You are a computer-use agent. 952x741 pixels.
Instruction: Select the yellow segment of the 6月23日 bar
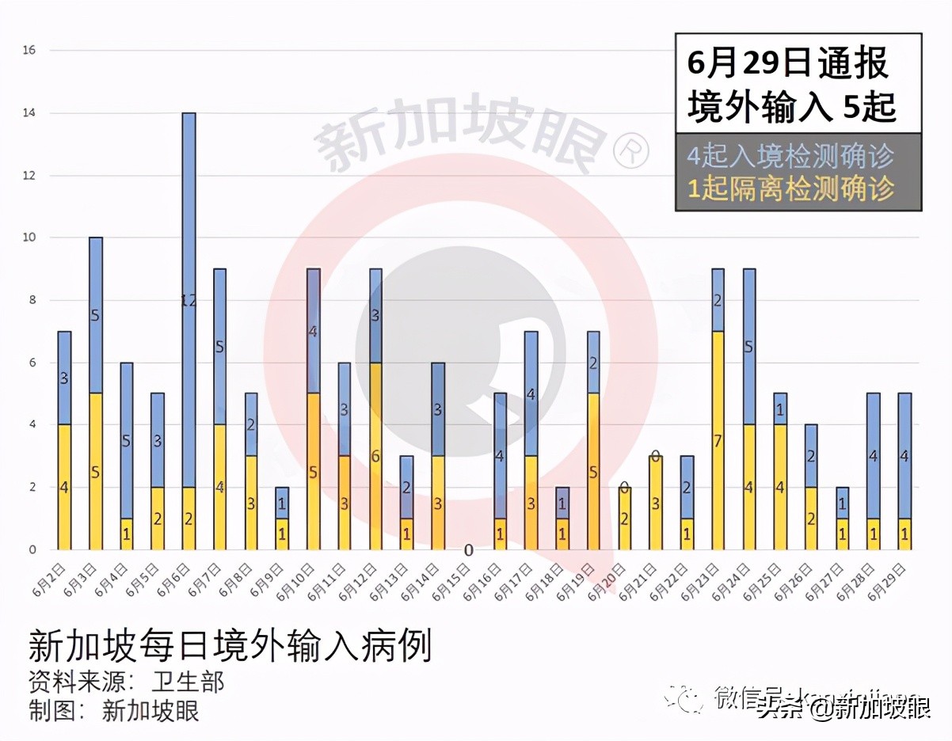[718, 440]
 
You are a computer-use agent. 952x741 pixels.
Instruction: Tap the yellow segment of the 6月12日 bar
[375, 456]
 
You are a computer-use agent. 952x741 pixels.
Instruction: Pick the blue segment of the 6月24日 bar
[748, 347]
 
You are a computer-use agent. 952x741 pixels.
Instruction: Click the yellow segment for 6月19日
[593, 471]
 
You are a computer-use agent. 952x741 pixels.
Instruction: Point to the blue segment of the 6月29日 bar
[904, 456]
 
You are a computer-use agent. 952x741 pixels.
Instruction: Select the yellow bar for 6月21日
[656, 503]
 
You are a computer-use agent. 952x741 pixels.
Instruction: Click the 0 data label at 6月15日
[468, 550]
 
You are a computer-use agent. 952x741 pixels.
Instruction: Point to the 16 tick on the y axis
[30, 51]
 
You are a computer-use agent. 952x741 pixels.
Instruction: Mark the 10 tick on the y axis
[30, 237]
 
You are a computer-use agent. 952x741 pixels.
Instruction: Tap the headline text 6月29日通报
[787, 63]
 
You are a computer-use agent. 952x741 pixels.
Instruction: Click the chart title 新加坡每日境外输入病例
[230, 645]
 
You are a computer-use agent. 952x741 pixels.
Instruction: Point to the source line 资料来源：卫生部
[127, 682]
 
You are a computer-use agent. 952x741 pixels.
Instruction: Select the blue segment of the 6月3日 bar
[96, 315]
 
